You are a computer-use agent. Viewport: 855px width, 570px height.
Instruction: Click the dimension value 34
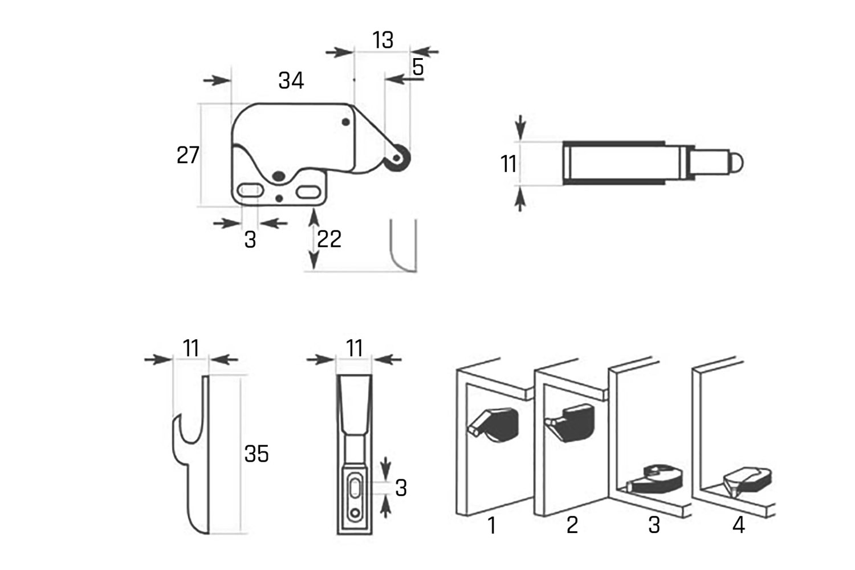[291, 80]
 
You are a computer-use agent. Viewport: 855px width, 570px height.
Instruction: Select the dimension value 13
[382, 40]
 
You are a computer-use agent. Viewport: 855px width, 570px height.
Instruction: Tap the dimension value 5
[418, 67]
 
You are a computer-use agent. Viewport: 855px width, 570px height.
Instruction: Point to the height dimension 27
[188, 155]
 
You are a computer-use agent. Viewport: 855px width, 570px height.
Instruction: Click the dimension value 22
[329, 239]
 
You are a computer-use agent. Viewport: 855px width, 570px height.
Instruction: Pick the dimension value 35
[256, 454]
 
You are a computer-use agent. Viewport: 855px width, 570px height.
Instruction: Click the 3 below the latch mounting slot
[250, 239]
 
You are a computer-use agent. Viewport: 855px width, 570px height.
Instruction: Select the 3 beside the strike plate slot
[401, 488]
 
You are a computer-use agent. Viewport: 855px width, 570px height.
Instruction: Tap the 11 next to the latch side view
[508, 164]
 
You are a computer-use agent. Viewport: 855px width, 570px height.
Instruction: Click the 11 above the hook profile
[191, 348]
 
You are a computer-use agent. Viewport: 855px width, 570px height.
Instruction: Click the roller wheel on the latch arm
[397, 158]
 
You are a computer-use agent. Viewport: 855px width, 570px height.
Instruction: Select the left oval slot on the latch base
[250, 190]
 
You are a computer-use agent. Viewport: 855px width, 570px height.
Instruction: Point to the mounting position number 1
[491, 525]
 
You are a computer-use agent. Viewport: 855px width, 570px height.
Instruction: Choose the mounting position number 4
[738, 525]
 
